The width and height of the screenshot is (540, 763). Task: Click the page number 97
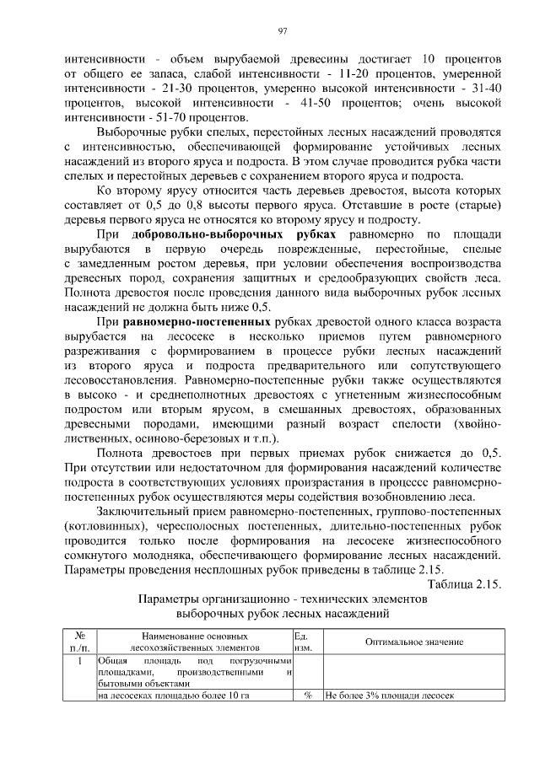[x=283, y=31]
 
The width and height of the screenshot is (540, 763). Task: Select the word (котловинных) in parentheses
[x=102, y=527]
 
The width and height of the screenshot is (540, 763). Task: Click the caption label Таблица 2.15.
[x=464, y=585]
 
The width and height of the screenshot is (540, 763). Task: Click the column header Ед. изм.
[x=303, y=642]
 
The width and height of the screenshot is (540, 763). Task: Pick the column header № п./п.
[x=79, y=642]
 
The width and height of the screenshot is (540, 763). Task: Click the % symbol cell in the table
[x=308, y=696]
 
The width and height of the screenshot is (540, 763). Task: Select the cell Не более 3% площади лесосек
[x=389, y=696]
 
